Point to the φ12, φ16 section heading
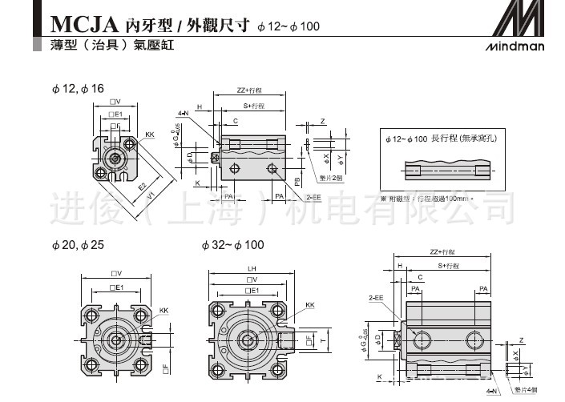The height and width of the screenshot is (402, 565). point(78,88)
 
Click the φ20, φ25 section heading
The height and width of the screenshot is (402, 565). point(78,244)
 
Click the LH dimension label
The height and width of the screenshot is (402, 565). point(251,268)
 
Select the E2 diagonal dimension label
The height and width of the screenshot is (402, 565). point(142,187)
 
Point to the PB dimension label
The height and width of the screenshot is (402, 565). point(297,181)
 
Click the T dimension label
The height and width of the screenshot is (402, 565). point(323,340)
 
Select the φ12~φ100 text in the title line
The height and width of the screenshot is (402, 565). point(289,26)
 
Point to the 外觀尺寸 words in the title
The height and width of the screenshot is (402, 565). point(218,25)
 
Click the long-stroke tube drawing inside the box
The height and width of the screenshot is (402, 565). point(448,171)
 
